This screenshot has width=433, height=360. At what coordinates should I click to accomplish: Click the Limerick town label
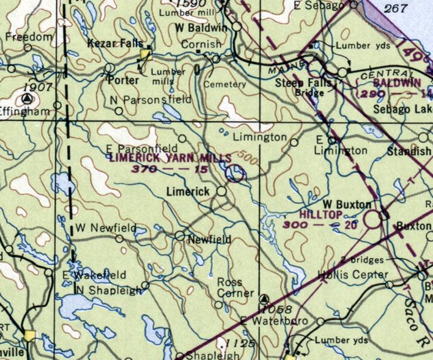(x=188, y=192)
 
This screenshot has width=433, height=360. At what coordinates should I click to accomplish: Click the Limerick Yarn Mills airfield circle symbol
(x=234, y=175)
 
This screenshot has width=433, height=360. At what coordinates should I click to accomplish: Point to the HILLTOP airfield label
(x=322, y=216)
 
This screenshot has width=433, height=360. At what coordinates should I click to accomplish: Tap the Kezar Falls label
(x=114, y=43)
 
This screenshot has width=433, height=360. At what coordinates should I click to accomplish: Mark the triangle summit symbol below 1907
(x=26, y=99)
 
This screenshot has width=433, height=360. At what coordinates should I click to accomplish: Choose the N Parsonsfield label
(x=157, y=99)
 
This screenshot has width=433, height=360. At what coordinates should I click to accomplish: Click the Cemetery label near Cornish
(x=225, y=84)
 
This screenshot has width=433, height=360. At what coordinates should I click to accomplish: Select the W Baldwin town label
(x=201, y=28)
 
